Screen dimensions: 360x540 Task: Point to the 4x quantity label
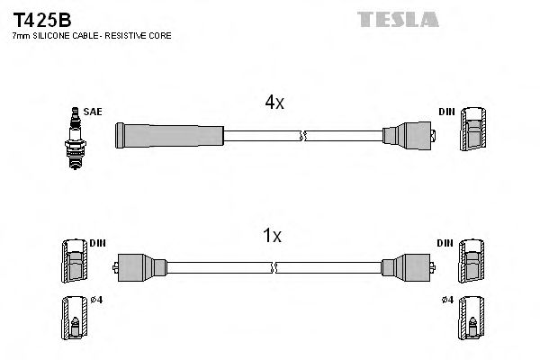(274, 103)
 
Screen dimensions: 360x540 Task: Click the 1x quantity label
(272, 237)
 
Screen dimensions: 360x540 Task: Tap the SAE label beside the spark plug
(93, 112)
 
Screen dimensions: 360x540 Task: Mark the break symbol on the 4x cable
(304, 136)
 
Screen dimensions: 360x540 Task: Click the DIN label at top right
(447, 112)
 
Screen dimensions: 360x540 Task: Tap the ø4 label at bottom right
(447, 300)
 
